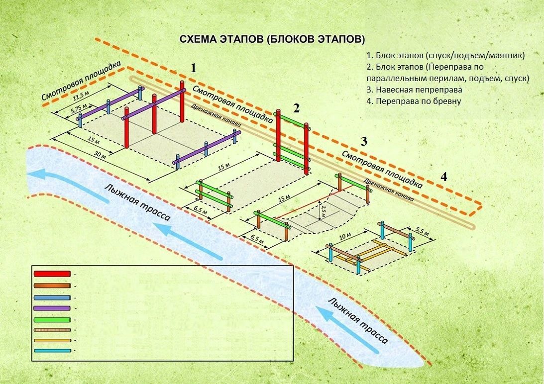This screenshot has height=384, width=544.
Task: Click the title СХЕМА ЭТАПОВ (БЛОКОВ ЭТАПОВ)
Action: click(272, 39)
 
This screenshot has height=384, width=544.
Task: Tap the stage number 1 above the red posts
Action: click(194, 68)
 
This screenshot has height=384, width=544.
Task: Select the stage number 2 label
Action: click(296, 108)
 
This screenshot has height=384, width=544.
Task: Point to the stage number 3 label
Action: click(364, 141)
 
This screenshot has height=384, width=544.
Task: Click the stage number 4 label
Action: click(443, 177)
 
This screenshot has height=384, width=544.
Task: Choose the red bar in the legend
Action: click(52, 274)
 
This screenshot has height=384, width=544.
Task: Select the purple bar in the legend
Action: click(52, 308)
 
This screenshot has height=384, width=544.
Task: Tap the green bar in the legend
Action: click(52, 319)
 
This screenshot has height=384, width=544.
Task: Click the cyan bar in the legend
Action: click(52, 351)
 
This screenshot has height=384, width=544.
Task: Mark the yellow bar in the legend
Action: click(52, 341)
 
